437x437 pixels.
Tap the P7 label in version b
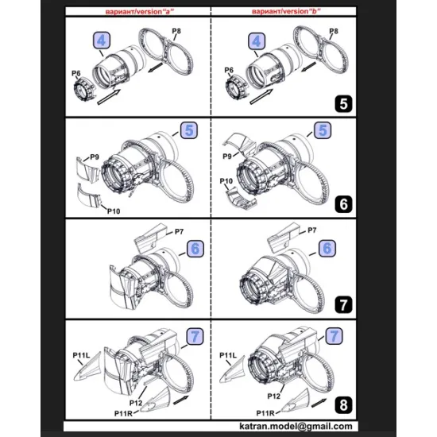[x=311, y=230]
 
